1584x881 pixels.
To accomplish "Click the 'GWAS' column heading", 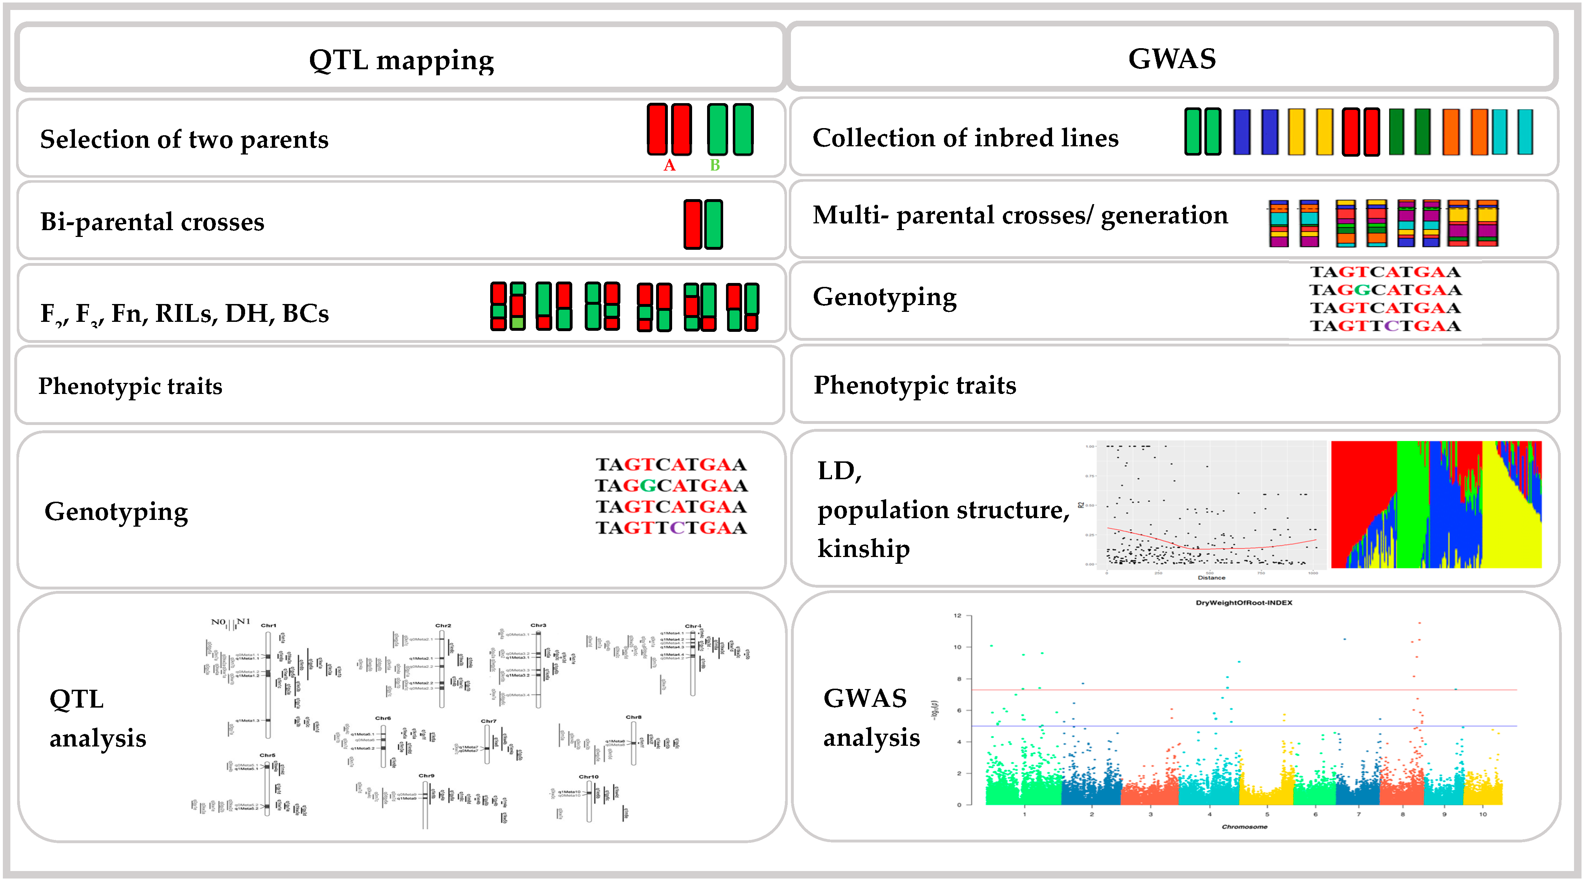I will [1172, 59].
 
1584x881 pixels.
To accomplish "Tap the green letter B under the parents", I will [715, 165].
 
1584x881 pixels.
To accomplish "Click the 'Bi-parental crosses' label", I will [152, 222].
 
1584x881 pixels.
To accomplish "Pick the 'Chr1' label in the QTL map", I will [269, 626].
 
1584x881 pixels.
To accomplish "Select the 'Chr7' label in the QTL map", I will [488, 721].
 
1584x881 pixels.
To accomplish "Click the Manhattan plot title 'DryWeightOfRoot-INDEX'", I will [1243, 603].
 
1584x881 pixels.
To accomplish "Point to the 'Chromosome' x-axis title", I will [1244, 827].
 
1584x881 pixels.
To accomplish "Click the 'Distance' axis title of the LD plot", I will [1211, 578].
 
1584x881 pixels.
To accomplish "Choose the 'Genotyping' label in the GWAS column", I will [884, 297].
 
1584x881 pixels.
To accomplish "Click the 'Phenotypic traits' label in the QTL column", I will [130, 386].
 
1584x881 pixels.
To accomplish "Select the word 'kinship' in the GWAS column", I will [863, 548].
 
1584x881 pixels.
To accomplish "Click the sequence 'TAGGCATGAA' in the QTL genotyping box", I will [671, 486].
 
